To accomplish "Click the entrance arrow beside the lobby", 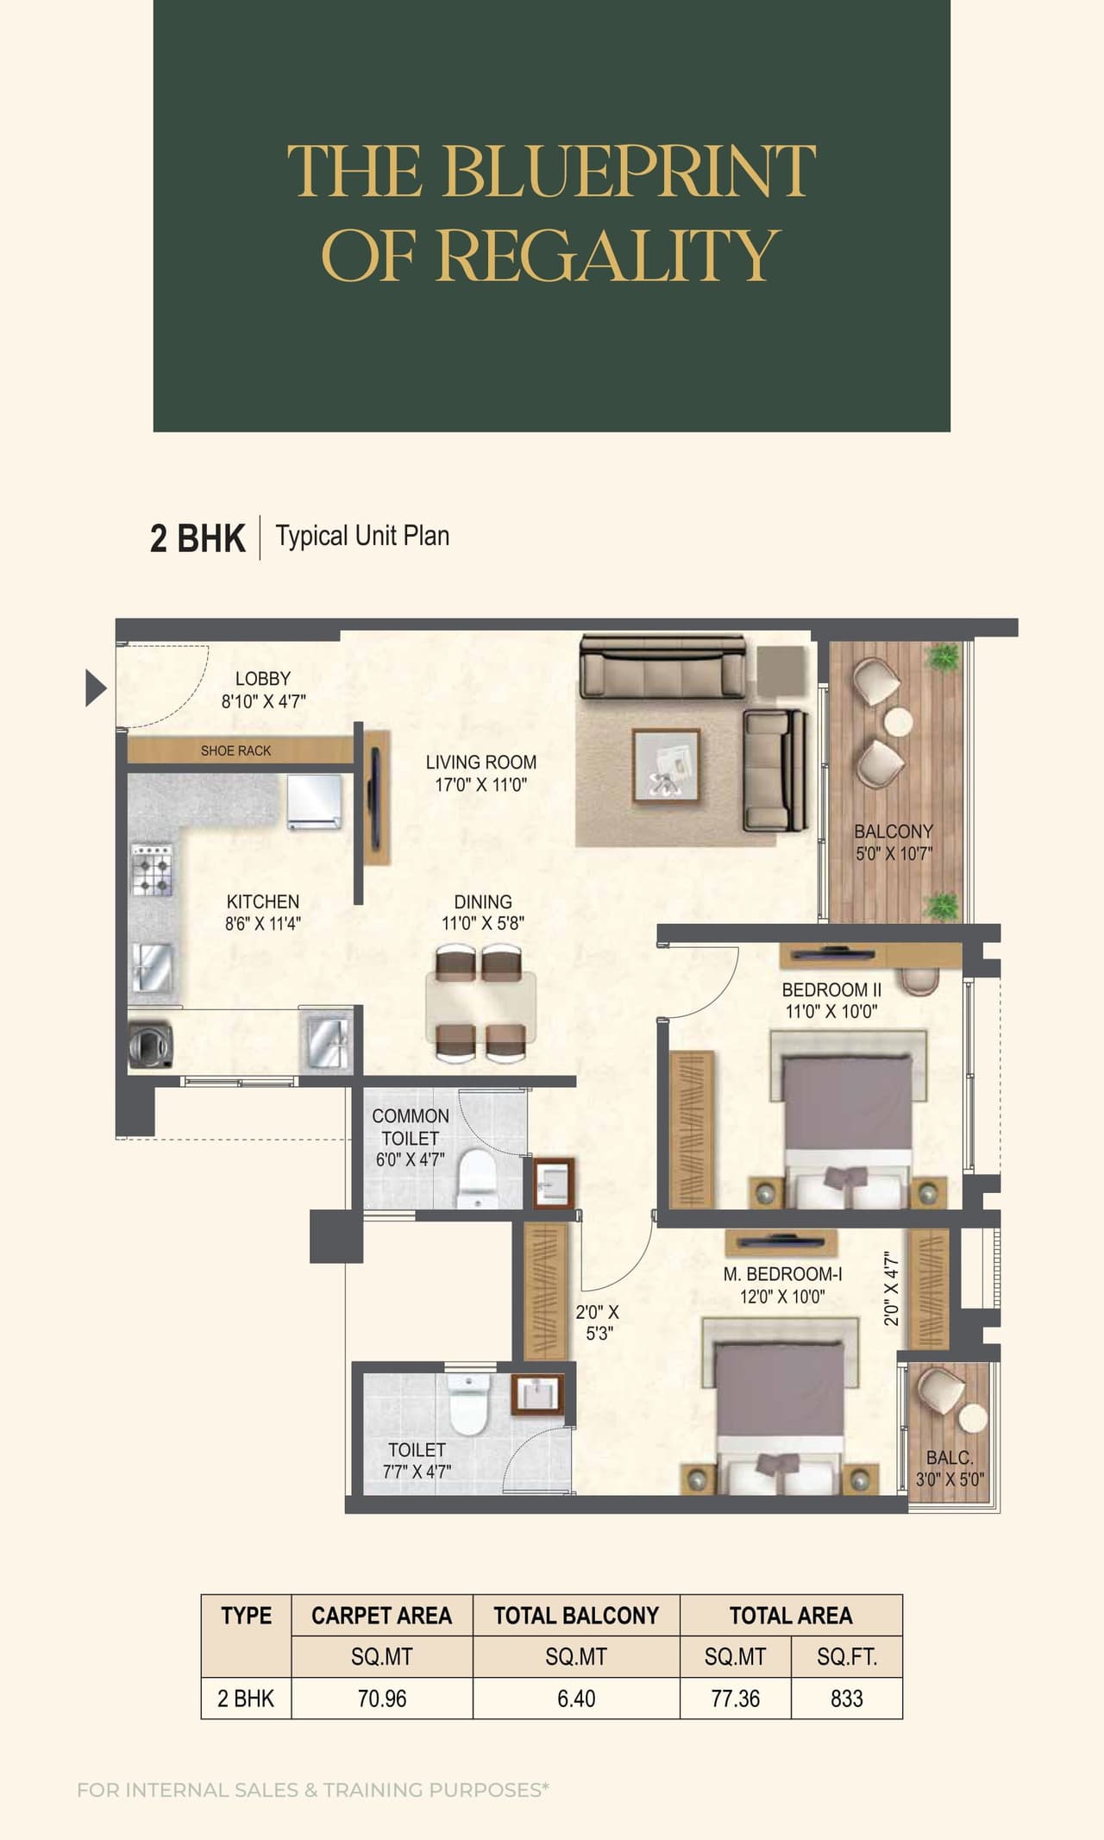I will [x=96, y=688].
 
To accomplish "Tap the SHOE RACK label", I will [x=235, y=750].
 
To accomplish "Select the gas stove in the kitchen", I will [x=152, y=870].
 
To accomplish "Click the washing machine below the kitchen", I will [x=151, y=1046].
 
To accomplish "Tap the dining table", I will [x=480, y=1005].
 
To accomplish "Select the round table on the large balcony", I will [x=898, y=721].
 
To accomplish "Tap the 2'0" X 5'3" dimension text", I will [x=598, y=1322].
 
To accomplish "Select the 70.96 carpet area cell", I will [x=381, y=1698].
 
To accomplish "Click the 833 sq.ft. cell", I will [x=846, y=1698].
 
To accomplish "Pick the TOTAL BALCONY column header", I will [x=575, y=1615].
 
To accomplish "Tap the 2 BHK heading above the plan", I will [x=198, y=537].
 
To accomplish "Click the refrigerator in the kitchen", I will [x=314, y=802].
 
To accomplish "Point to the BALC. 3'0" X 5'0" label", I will [x=950, y=1467].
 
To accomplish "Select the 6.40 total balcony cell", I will [x=575, y=1698].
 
